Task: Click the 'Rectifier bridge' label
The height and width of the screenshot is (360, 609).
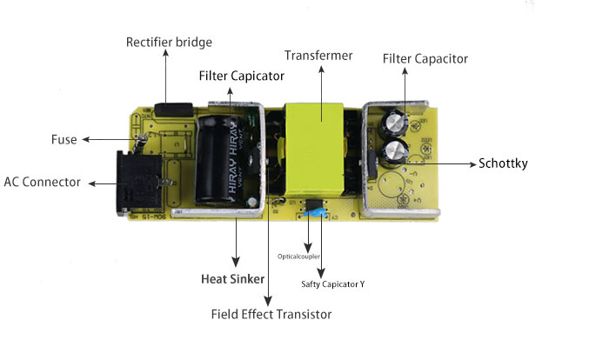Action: pyautogui.click(x=169, y=42)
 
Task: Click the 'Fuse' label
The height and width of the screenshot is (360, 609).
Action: pyautogui.click(x=64, y=139)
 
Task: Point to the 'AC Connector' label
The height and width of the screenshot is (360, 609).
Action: pyautogui.click(x=42, y=183)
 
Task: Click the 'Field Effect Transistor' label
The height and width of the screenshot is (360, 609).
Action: pyautogui.click(x=271, y=313)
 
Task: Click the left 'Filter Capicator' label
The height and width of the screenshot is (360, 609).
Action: pyautogui.click(x=241, y=76)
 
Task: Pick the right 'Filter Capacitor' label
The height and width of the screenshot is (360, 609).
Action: pyautogui.click(x=425, y=58)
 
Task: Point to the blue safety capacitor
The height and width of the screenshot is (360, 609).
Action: pyautogui.click(x=320, y=212)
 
